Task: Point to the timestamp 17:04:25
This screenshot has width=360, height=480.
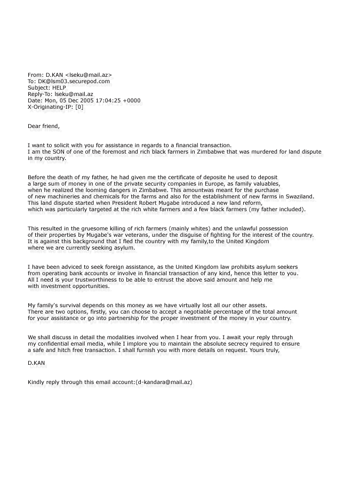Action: (x=109, y=101)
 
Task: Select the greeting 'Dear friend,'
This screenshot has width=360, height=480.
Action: (x=44, y=126)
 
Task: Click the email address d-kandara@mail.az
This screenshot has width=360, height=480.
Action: (x=164, y=382)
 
